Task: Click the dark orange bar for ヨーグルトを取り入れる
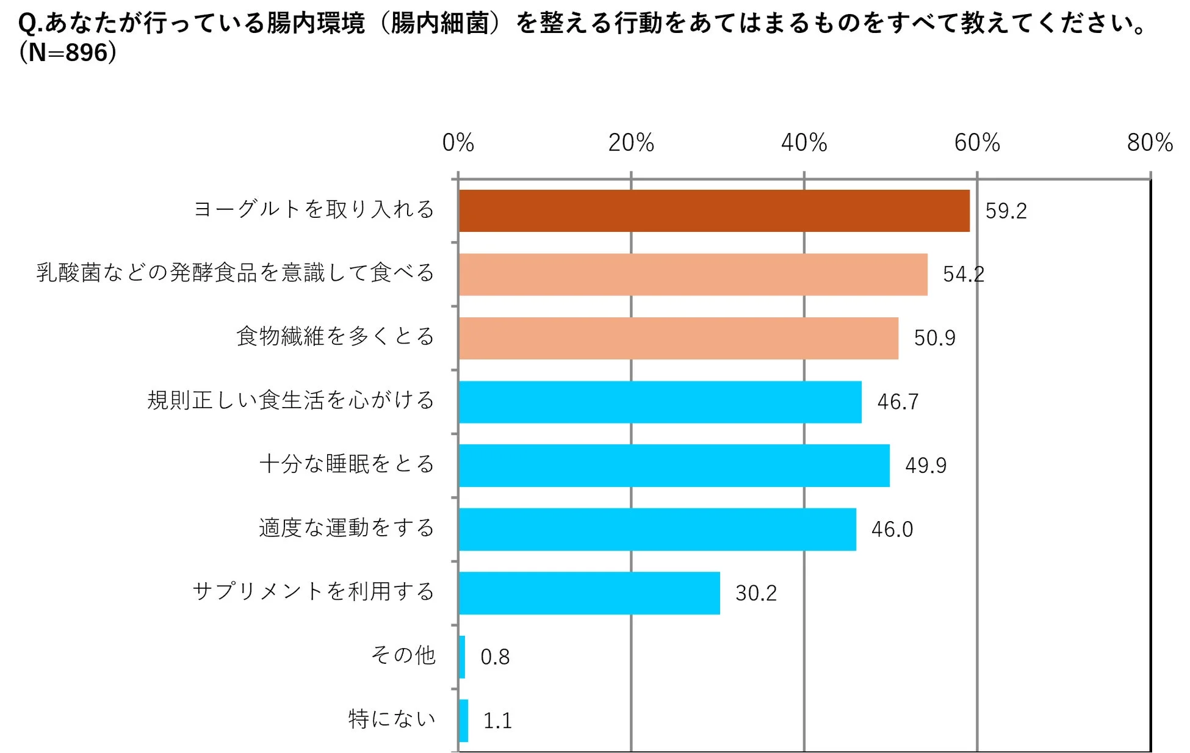[714, 211]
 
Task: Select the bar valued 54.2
[693, 275]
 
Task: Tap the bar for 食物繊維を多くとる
[678, 338]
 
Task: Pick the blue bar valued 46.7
[660, 402]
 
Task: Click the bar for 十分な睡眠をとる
[674, 466]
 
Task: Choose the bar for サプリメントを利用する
[589, 593]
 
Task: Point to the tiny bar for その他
[462, 657]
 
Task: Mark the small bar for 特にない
[463, 721]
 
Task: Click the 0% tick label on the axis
[458, 143]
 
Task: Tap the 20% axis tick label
[630, 143]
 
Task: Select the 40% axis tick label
[804, 143]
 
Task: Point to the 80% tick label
[1149, 143]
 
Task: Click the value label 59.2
[1006, 211]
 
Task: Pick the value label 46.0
[892, 530]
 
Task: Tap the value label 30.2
[755, 593]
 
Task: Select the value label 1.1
[497, 721]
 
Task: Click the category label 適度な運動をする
[346, 528]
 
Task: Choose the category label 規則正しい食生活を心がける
[290, 400]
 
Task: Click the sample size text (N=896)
[68, 53]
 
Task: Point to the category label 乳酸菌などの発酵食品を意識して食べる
[235, 273]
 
